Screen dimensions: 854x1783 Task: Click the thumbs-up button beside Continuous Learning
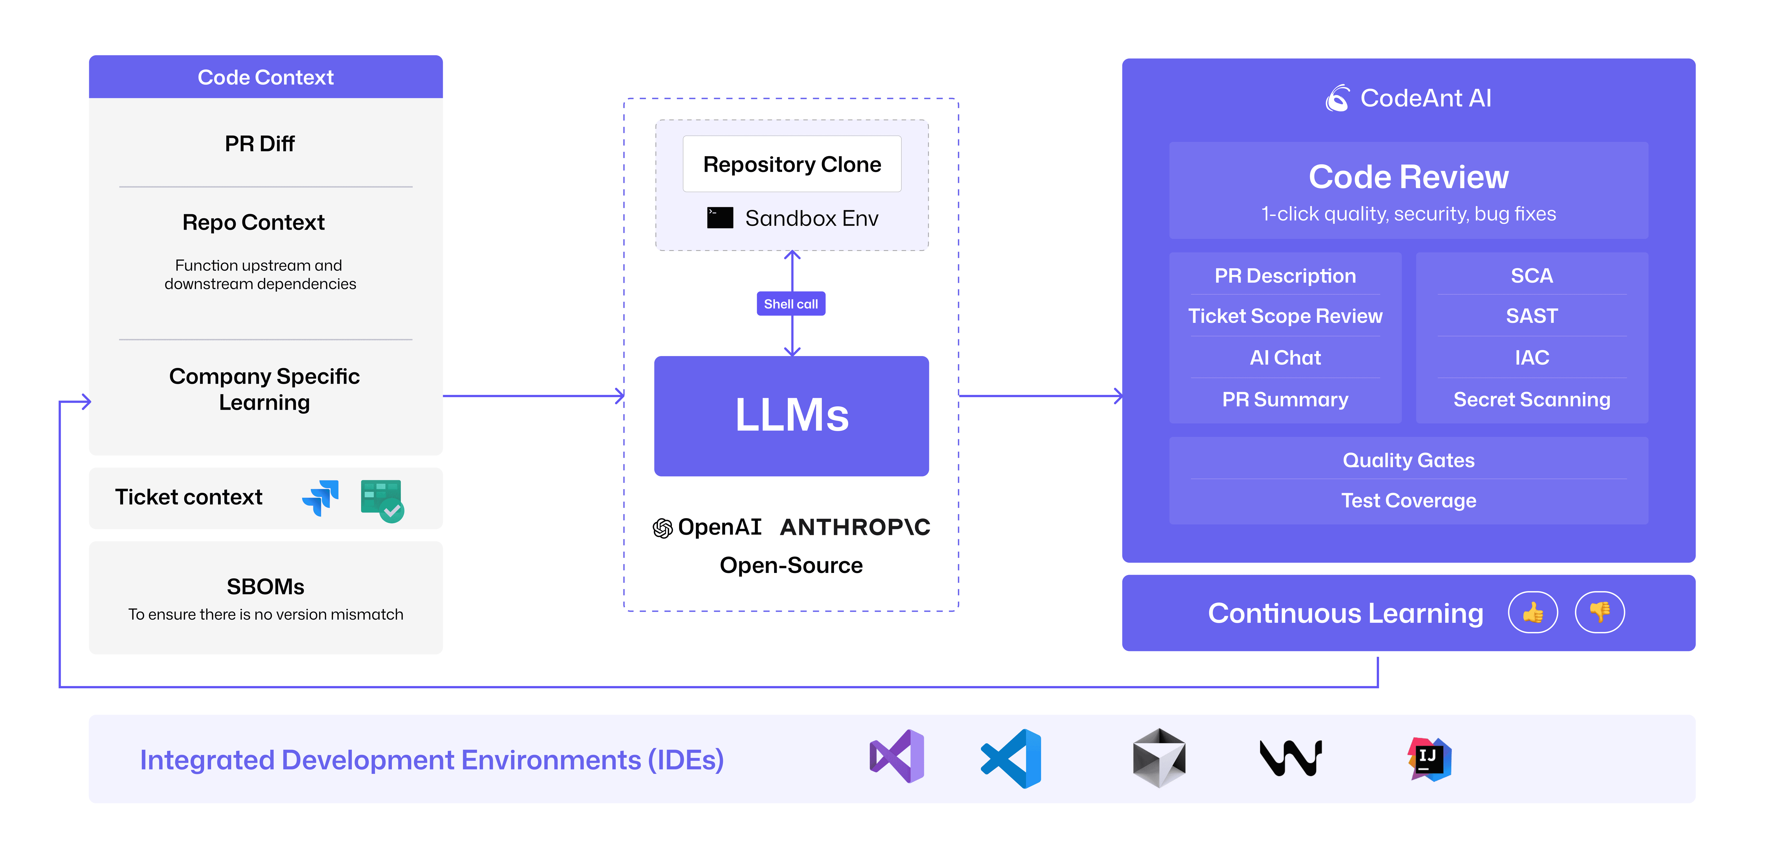coord(1532,612)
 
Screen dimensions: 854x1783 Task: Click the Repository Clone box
coord(792,164)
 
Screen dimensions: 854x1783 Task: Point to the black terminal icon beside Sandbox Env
coord(720,218)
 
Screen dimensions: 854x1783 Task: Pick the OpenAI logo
coord(662,528)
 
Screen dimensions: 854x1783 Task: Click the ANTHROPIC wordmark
coord(855,527)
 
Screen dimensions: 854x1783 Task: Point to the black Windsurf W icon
coord(1291,759)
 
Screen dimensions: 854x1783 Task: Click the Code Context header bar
coord(266,77)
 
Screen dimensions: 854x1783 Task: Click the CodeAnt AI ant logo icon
coord(1337,98)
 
